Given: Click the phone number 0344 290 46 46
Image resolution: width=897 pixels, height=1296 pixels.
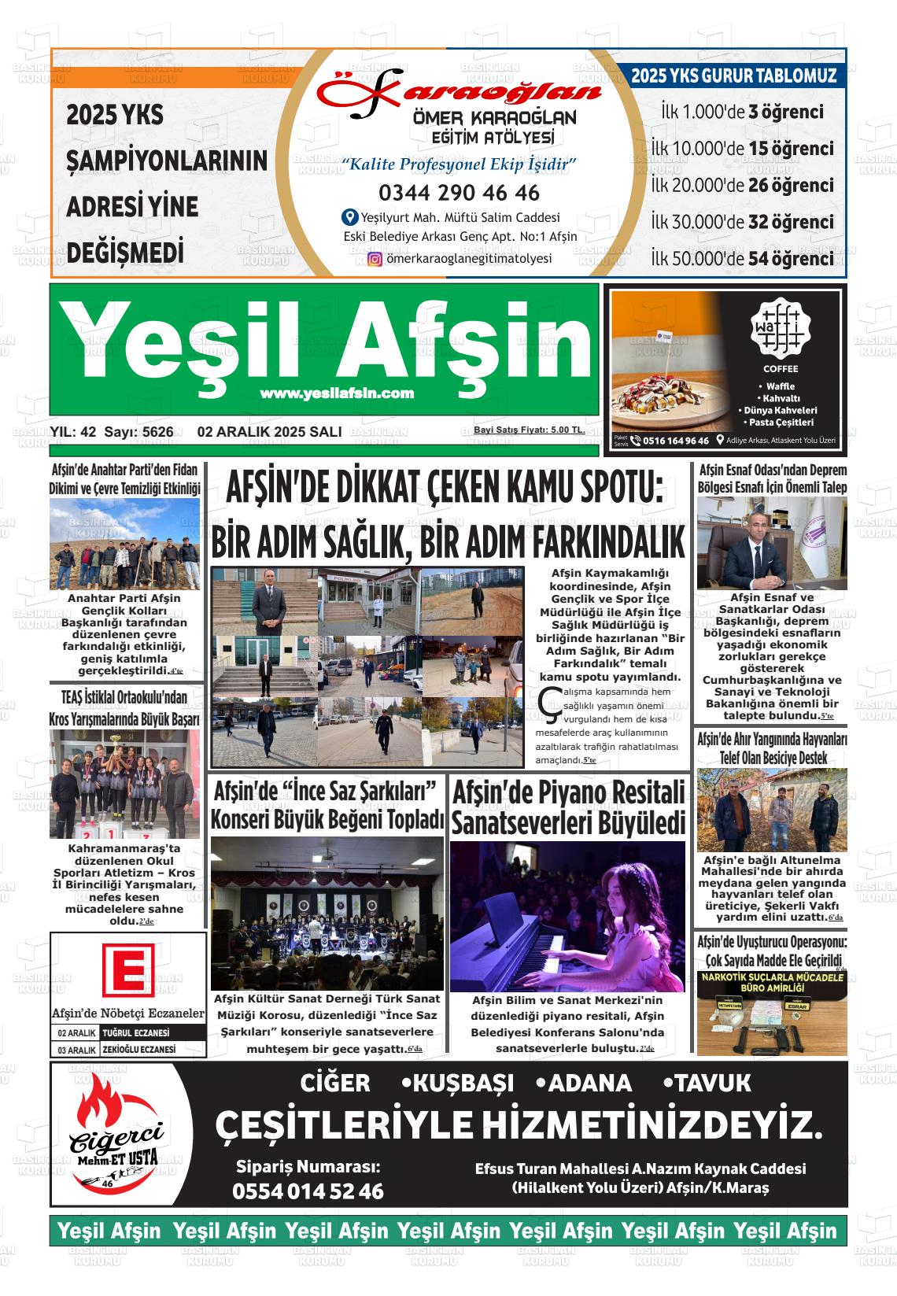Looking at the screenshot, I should point(459,193).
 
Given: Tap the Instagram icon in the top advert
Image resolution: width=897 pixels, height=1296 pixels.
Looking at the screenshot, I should point(375,259).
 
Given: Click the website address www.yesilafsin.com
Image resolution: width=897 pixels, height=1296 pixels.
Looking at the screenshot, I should point(337,393).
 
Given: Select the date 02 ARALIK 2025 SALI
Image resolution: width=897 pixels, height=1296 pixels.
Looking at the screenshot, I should point(270,431).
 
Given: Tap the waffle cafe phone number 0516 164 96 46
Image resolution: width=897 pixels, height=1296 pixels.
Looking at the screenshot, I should point(675,441).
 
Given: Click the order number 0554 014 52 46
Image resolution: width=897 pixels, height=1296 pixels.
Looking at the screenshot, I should point(308,1191).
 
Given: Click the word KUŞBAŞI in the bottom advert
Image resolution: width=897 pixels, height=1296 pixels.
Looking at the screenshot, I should point(463,1084).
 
